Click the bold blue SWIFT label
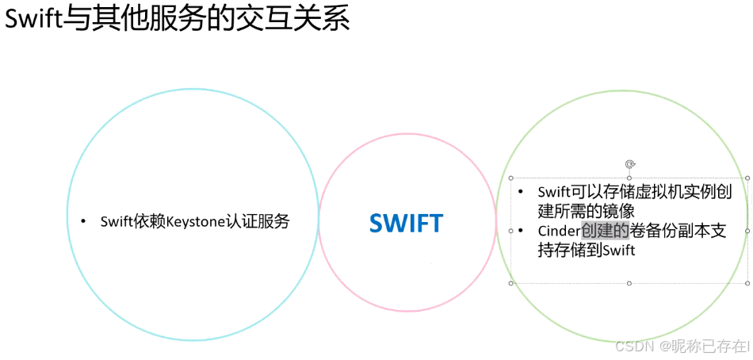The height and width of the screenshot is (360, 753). (406, 224)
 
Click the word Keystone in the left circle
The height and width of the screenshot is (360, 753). (195, 221)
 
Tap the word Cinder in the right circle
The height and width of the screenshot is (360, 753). (559, 231)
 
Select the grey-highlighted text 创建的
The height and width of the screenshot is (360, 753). (605, 231)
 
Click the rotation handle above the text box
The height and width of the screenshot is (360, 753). (629, 164)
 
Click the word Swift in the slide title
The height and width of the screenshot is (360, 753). (33, 19)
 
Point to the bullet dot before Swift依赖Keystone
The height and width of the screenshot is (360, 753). (83, 221)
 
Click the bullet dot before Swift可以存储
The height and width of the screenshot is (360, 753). (521, 192)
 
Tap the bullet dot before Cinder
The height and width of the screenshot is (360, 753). (521, 231)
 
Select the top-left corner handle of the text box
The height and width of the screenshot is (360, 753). (511, 178)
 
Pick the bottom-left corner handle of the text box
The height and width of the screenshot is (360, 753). (511, 283)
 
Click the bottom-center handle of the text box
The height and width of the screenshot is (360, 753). (629, 283)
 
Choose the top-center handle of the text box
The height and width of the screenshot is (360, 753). (629, 178)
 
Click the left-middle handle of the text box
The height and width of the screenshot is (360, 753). (511, 231)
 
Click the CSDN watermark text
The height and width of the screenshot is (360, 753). (632, 347)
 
